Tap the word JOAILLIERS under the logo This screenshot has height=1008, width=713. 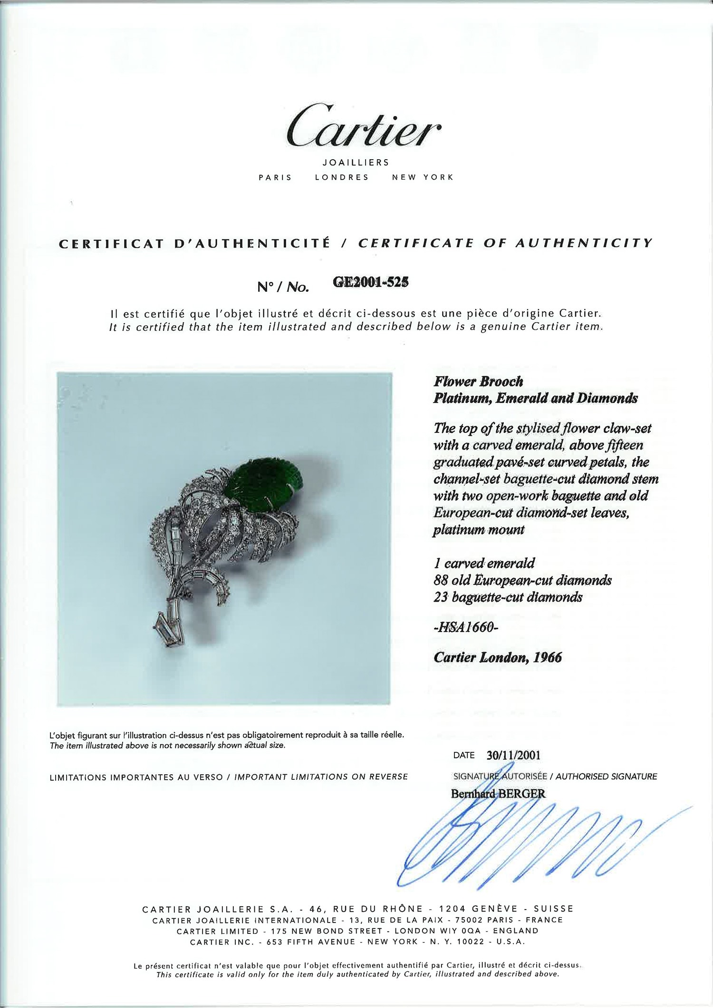pos(356,163)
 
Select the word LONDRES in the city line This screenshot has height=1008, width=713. pos(342,177)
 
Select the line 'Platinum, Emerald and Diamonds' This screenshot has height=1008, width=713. pos(535,398)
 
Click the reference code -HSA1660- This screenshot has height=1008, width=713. pos(466,628)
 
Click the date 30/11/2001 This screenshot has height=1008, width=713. pos(513,755)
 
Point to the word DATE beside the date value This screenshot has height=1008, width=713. pos(464,755)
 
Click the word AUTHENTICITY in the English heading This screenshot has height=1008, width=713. pos(584,243)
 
